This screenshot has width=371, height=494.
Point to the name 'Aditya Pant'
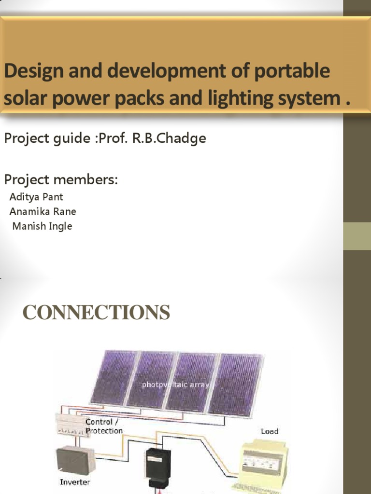pos(36,197)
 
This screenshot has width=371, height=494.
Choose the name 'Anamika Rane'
pos(43,211)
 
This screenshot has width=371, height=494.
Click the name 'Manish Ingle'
pos(42,226)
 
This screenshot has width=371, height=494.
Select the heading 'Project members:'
pos(61,180)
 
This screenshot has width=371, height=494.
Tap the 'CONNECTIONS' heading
pos(97,313)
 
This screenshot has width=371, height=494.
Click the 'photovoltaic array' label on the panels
pos(175,385)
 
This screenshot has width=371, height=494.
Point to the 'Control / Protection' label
pos(104,426)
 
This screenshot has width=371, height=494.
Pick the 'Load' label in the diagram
pos(270,431)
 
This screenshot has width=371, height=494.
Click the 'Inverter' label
pos(75,481)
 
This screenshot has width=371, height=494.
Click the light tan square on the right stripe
pos(357,236)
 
